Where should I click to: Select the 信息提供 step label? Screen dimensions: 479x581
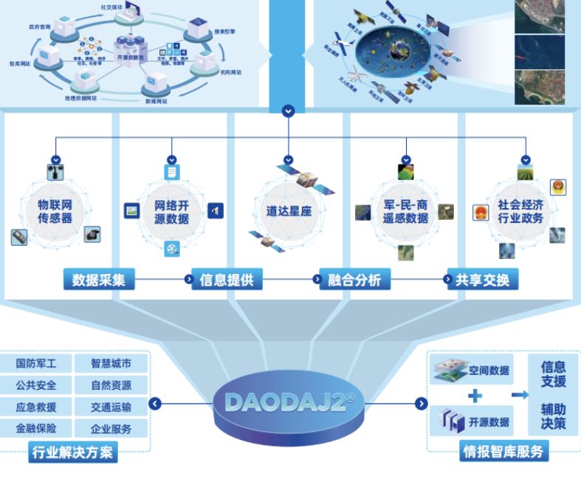pyautogui.click(x=226, y=279)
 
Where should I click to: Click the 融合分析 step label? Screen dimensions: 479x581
pyautogui.click(x=354, y=279)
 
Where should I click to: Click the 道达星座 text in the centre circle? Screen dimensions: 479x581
pyautogui.click(x=289, y=211)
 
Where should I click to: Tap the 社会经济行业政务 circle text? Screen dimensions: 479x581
pyautogui.click(x=520, y=211)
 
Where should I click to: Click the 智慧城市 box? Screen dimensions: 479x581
pyautogui.click(x=111, y=364)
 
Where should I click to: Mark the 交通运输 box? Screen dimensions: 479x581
pyautogui.click(x=111, y=407)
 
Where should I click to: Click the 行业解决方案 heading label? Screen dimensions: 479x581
pyautogui.click(x=72, y=452)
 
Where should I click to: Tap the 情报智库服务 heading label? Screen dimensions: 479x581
pyautogui.click(x=502, y=451)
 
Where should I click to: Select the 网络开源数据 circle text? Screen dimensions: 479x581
pyautogui.click(x=171, y=211)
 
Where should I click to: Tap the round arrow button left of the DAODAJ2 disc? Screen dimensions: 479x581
pyautogui.click(x=155, y=404)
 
